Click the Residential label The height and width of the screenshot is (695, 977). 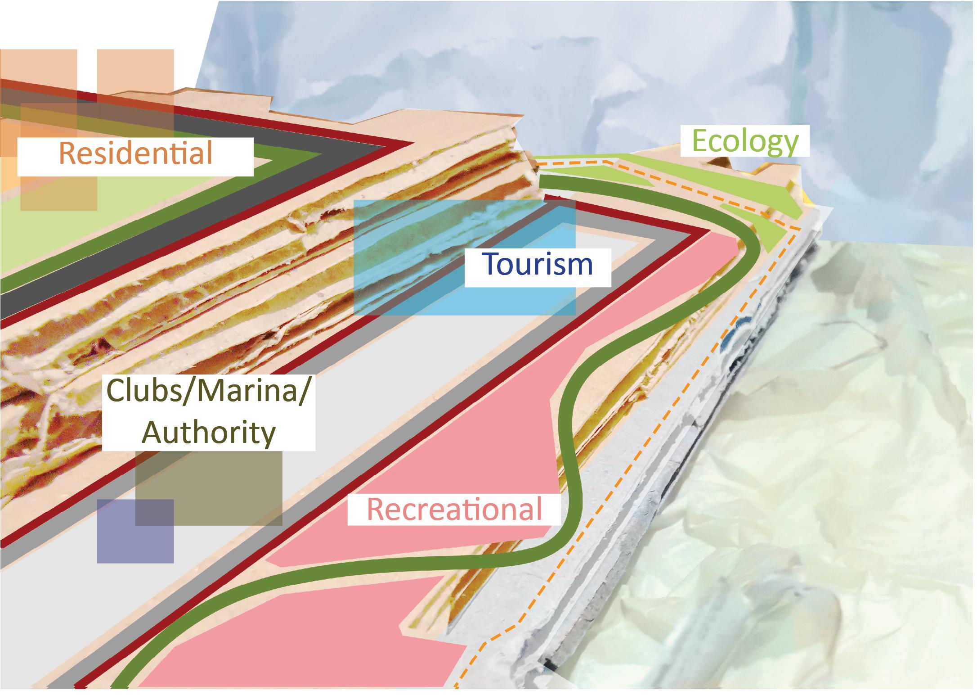coord(135,154)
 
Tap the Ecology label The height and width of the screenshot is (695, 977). coord(745,141)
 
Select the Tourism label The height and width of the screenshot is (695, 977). coord(538,265)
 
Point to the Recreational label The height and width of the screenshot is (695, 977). coord(454,510)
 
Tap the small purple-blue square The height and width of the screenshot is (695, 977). coord(117,545)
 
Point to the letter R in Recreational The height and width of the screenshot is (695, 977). coord(376,510)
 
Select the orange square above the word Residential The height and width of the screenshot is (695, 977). coord(135,86)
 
